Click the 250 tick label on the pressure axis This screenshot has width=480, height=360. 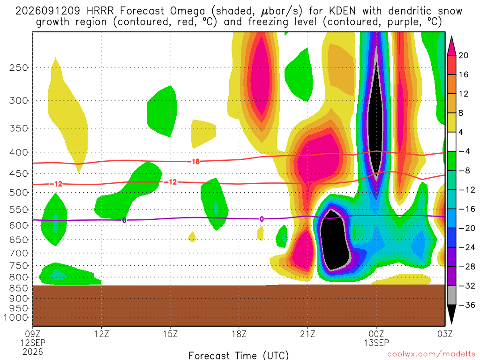point(19,67)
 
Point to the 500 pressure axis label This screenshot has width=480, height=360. point(19,193)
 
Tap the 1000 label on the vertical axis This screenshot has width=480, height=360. point(16,317)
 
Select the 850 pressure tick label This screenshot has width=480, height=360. point(19,288)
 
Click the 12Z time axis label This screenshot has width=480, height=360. point(102,334)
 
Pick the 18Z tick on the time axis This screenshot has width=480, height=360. point(239,334)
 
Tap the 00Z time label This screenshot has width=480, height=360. point(376,334)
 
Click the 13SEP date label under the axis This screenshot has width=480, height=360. point(376,343)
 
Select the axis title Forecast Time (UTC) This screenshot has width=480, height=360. point(239,355)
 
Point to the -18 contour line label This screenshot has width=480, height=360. point(194,161)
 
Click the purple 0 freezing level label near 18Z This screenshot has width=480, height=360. point(262,219)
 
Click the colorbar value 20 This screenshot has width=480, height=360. point(463,55)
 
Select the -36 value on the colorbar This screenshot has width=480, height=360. point(467,305)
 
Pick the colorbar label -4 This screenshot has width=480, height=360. point(464,151)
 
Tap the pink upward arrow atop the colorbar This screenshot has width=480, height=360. point(451,46)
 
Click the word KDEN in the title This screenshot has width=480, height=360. point(342,11)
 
